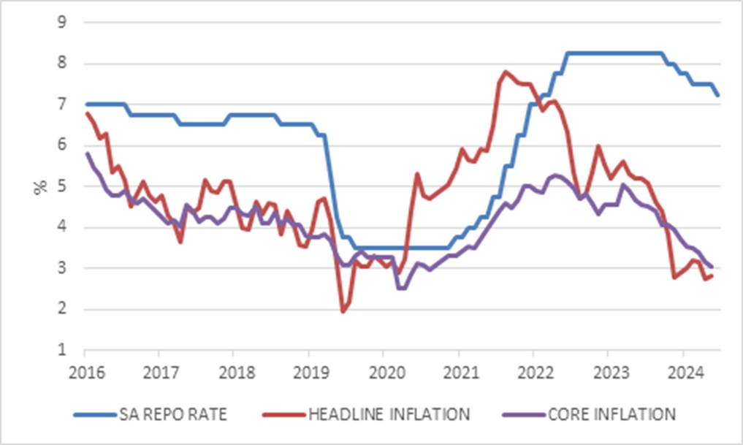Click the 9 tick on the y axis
pyautogui.click(x=63, y=23)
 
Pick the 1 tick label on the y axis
pyautogui.click(x=63, y=350)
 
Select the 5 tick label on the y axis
pyautogui.click(x=63, y=186)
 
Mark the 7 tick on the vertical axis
pyautogui.click(x=63, y=104)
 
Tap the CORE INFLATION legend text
pyautogui.click(x=603, y=414)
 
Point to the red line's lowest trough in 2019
pyautogui.click(x=343, y=312)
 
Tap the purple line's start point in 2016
pyautogui.click(x=86, y=153)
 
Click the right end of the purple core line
pyautogui.click(x=712, y=267)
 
